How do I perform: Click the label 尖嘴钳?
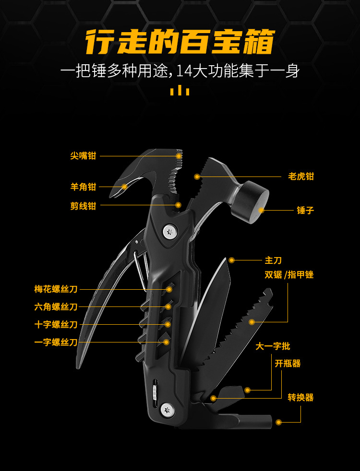tap(83, 156)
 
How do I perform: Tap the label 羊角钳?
tap(83, 187)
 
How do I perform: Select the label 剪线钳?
tap(83, 206)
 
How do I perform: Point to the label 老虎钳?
tap(301, 177)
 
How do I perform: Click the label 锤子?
tap(305, 210)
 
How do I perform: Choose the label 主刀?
tap(273, 260)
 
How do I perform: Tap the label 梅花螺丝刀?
tap(56, 289)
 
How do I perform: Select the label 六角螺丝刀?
tap(56, 307)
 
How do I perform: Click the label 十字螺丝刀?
tap(56, 325)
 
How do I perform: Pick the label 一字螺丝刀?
tap(56, 342)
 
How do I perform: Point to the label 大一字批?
tap(273, 346)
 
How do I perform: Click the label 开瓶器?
tap(288, 364)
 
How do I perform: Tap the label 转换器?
tap(300, 398)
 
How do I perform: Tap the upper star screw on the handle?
tap(168, 233)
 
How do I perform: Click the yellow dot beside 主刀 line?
tap(232, 260)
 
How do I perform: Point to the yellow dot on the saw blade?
tap(251, 322)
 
